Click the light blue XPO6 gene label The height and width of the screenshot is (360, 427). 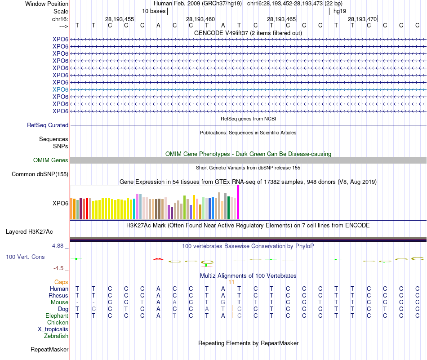[60, 89]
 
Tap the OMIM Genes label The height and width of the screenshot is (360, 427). [51, 160]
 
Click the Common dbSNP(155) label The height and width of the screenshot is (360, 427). [40, 174]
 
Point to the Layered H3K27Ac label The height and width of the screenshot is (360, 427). [29, 232]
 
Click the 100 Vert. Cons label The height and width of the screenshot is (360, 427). [25, 257]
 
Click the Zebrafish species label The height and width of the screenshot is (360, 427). [56, 336]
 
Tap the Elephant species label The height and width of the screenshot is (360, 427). [57, 316]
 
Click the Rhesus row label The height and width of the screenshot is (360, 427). [58, 296]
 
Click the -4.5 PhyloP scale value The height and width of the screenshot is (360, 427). [59, 268]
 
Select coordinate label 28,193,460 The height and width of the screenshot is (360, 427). [200, 19]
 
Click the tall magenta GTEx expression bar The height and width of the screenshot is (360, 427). [238, 202]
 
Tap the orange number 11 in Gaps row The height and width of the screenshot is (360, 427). [231, 282]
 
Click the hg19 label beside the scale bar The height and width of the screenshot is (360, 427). [339, 11]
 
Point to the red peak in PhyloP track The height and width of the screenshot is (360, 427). [157, 259]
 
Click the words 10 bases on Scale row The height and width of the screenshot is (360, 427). [154, 11]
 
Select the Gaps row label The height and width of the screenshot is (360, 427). [61, 282]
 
